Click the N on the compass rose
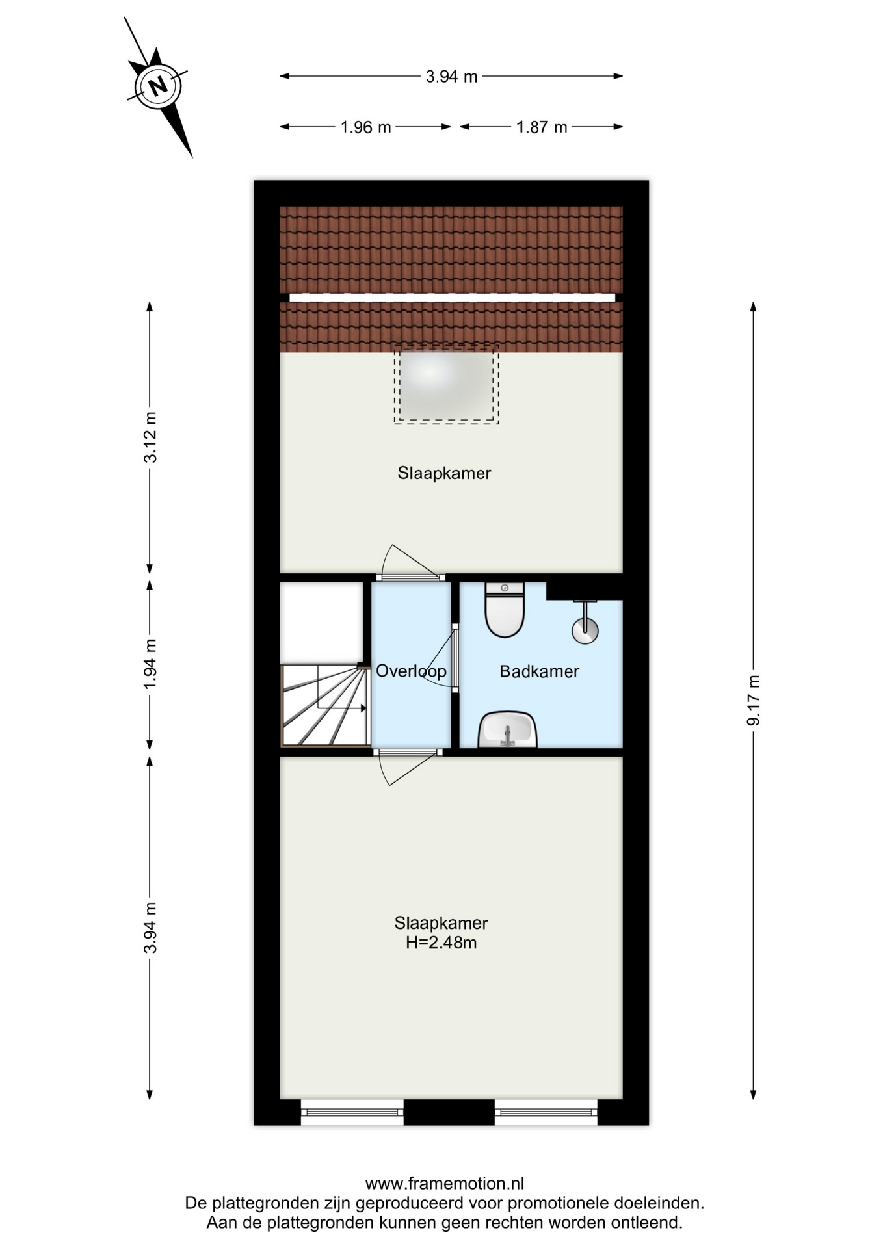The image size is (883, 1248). [x=157, y=86]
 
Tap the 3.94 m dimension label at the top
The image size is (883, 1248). [x=451, y=77]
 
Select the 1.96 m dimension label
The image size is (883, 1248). [x=365, y=127]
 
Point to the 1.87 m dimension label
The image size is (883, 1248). [x=542, y=127]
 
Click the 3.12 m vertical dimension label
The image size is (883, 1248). [x=150, y=437]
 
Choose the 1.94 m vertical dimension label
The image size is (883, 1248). [x=150, y=664]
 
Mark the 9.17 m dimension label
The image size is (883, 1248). [x=754, y=700]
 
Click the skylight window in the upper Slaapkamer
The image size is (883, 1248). [x=446, y=385]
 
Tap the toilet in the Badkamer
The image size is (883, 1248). [x=505, y=610]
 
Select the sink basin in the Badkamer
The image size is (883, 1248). [x=508, y=729]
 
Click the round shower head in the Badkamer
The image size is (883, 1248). [x=585, y=629]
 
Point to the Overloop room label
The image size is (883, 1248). [x=411, y=671]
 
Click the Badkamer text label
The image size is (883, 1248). [x=539, y=671]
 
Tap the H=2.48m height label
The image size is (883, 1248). [x=441, y=942]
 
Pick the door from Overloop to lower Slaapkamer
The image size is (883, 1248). [x=408, y=767]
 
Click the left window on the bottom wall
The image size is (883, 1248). [x=352, y=1112]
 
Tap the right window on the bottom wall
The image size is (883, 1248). [x=546, y=1112]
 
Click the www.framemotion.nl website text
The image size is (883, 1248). [x=445, y=1183]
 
